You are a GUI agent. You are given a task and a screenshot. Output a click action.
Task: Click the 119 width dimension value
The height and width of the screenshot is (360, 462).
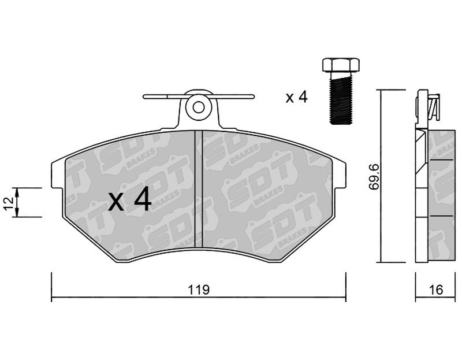[199, 290]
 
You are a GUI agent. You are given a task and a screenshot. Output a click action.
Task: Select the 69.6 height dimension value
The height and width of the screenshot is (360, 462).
[374, 178]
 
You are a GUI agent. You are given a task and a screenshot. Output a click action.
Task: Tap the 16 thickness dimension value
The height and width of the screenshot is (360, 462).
[436, 290]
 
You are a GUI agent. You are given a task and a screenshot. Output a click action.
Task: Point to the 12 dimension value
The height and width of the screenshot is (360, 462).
[9, 202]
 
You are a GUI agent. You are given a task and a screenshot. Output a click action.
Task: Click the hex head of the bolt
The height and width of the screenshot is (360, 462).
[341, 65]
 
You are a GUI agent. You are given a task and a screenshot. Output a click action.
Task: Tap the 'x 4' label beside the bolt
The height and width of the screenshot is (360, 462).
[296, 97]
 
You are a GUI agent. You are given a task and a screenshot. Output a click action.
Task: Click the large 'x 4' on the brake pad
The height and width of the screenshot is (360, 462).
[129, 201]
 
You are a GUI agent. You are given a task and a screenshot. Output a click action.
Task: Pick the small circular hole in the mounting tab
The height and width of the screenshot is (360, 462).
[199, 107]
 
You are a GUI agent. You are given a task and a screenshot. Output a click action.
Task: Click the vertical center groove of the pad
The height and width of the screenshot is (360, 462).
[199, 189]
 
